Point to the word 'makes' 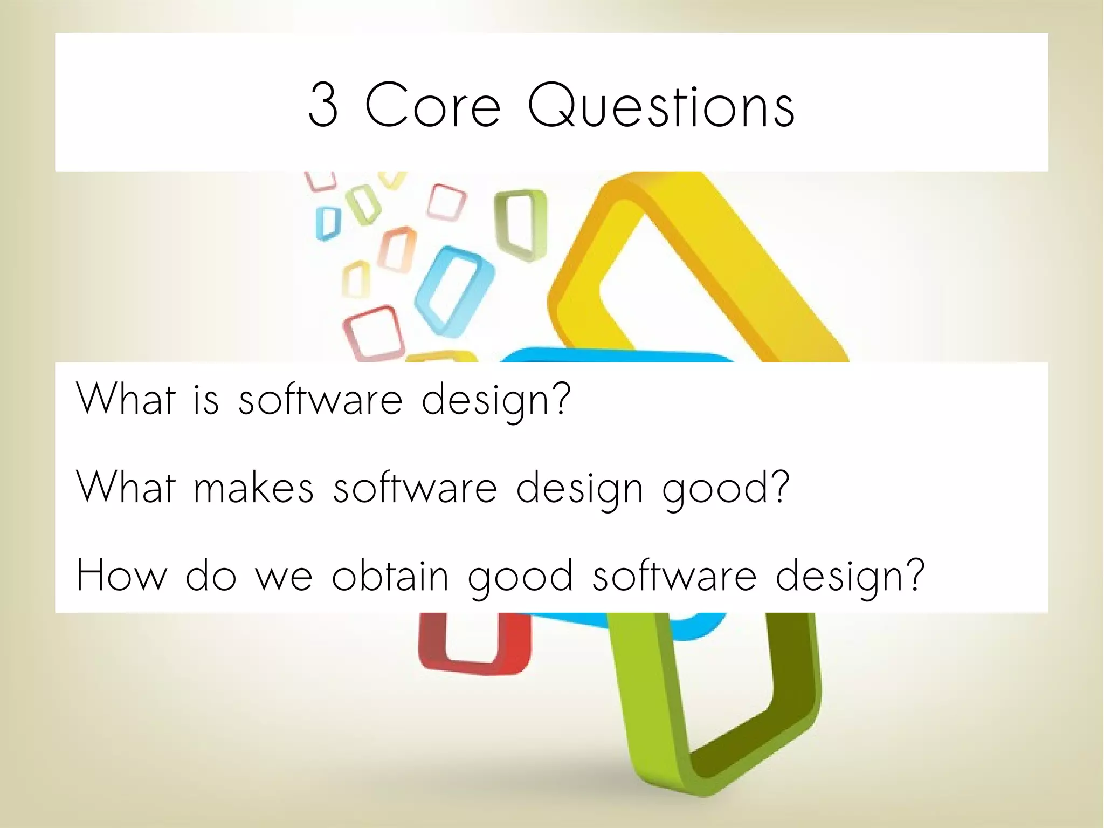pyautogui.click(x=253, y=487)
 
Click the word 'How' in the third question pyautogui.click(x=122, y=576)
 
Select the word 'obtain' pyautogui.click(x=390, y=576)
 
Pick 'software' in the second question pyautogui.click(x=415, y=487)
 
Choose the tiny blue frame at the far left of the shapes pyautogui.click(x=327, y=223)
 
